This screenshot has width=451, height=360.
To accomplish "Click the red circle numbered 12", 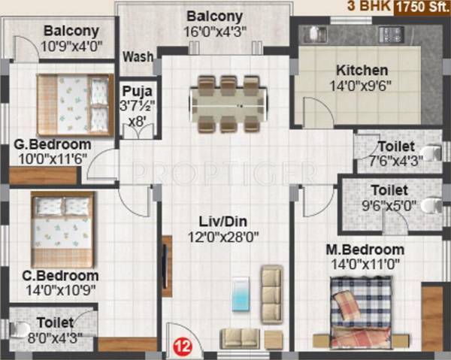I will point(181,346).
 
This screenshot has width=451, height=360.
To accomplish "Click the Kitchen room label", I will point(362,70).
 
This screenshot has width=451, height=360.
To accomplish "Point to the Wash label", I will point(138,56).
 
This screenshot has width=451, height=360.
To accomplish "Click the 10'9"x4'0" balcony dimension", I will point(72,45).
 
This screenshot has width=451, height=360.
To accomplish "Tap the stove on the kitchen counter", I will point(390,35).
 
